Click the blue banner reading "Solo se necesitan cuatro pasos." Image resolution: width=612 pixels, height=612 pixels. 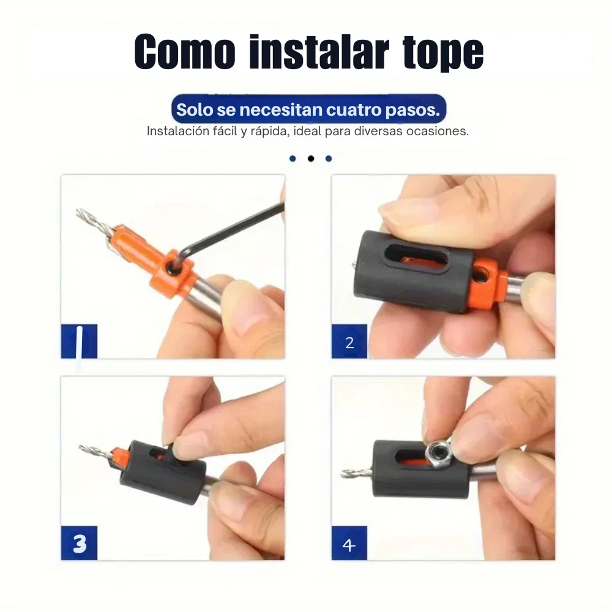(308, 110)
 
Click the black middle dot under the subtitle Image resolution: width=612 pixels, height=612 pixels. (310, 159)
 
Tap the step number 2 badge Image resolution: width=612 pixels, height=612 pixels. (349, 343)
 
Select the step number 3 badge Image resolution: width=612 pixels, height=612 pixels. (79, 543)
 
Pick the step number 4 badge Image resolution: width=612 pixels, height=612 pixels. (349, 543)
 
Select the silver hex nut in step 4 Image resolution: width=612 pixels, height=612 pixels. (439, 452)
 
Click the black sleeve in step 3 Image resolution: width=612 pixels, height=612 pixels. (165, 471)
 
